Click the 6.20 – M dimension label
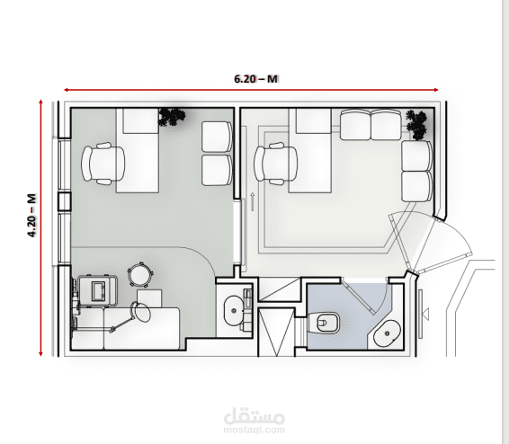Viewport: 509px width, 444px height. [x=255, y=79]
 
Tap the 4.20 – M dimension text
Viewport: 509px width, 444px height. [x=31, y=216]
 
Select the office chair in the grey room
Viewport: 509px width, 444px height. [x=103, y=164]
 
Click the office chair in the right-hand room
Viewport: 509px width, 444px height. [x=276, y=164]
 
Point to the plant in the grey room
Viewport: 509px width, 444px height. [x=172, y=117]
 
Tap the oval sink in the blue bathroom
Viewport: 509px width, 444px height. [x=387, y=333]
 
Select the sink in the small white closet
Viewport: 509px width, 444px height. [x=234, y=310]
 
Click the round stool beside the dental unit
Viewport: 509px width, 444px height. [x=140, y=275]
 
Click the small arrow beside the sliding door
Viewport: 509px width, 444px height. [x=253, y=201]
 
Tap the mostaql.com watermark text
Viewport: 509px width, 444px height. [x=254, y=430]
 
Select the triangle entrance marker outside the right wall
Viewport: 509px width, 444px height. [x=425, y=314]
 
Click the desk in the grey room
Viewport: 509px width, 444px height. [x=138, y=150]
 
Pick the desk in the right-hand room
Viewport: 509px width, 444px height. [x=310, y=150]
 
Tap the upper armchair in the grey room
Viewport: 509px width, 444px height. [x=217, y=137]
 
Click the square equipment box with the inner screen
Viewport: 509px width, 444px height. [x=97, y=290]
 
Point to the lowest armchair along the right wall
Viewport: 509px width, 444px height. [x=416, y=187]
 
